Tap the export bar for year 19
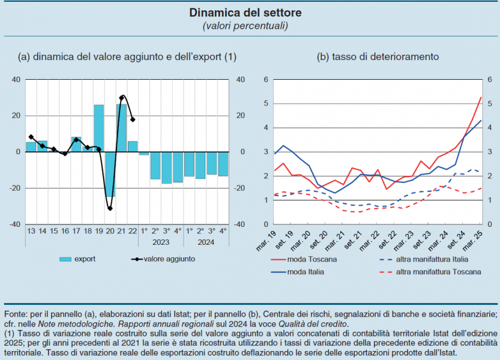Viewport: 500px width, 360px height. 99,128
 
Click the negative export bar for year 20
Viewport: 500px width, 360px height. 110,174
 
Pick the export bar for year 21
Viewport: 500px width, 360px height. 122,128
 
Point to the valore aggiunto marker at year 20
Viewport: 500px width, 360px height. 110,208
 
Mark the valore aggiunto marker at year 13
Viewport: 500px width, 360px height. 31,137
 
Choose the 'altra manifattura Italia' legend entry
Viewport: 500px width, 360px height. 432,259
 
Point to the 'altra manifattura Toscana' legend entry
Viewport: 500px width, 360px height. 439,272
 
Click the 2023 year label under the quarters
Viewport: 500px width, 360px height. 161,242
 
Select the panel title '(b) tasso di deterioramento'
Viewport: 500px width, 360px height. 378,57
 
